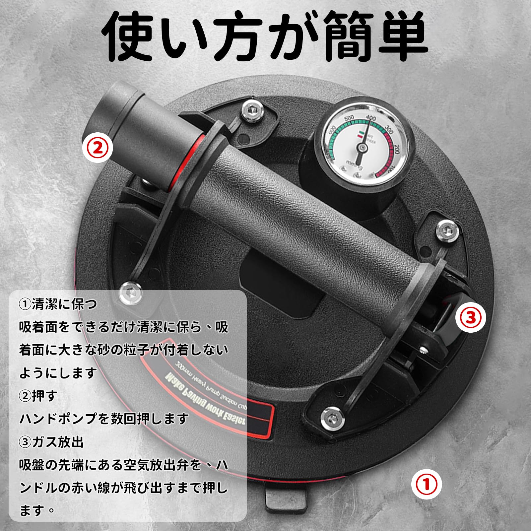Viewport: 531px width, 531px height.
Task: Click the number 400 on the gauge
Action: tap(370, 118)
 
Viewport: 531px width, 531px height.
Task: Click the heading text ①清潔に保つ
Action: tap(58, 304)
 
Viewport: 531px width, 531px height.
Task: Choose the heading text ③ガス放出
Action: tap(51, 442)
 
